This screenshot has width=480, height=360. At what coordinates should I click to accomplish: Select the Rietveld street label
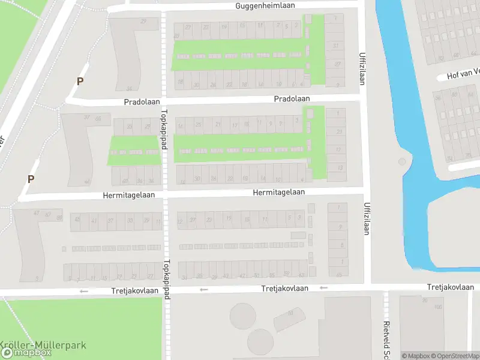coord(386,338)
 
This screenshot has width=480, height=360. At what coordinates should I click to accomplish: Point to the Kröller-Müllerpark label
coord(43,345)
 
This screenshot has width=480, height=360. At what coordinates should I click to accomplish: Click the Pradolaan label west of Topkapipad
coord(142,103)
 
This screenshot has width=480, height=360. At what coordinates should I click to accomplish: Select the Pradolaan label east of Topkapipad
coord(292,98)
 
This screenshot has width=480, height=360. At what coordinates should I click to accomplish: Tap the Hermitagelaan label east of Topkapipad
coord(278,192)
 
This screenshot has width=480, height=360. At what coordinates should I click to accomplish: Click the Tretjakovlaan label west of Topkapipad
coord(135,291)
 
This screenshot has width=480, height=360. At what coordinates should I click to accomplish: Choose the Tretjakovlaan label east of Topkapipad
coord(284,289)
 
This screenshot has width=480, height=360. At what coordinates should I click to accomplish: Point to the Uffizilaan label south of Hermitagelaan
coord(367,218)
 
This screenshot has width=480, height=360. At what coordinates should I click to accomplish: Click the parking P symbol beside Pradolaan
coord(80,81)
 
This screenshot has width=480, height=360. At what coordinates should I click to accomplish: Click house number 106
coord(438,307)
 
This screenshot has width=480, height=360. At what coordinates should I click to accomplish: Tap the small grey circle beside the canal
coord(402,161)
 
